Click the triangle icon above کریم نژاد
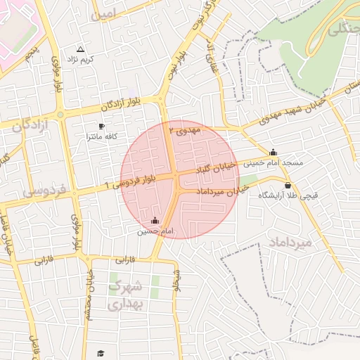tap(79, 49)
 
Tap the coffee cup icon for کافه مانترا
tap(102, 127)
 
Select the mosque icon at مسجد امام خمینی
tap(273, 153)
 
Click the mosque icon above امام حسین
tap(155, 220)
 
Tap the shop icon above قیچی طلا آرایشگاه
tap(288, 185)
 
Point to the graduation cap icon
tap(101, 353)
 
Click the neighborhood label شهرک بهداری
tap(127, 295)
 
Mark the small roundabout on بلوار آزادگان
tap(60, 114)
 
